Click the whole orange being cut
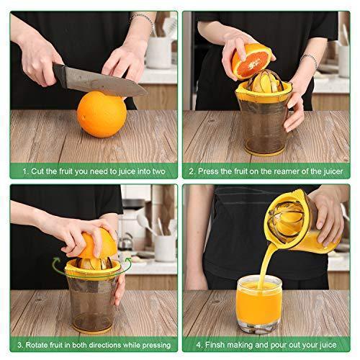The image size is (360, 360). click(102, 114)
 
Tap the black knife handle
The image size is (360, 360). click(59, 75)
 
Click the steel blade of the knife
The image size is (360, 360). click(106, 82)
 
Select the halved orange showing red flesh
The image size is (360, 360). click(251, 61)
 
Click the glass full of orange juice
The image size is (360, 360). click(259, 304)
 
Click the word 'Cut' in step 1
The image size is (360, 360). click(37, 171)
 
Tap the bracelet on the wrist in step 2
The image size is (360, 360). click(310, 60)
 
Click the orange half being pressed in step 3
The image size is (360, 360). click(98, 243)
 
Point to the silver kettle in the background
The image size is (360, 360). click(126, 241)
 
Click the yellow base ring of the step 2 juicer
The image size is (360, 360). click(264, 153)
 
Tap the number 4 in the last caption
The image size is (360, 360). click(199, 345)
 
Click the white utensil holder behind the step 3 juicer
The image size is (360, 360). click(165, 248)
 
